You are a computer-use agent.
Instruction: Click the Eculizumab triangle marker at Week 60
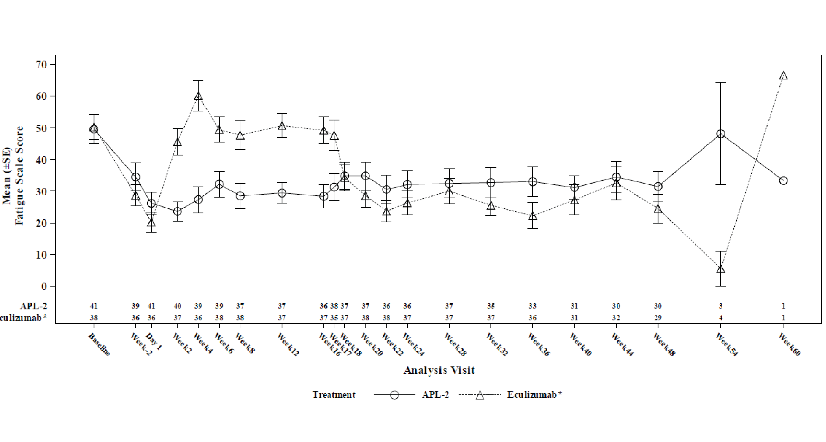pyautogui.click(x=783, y=76)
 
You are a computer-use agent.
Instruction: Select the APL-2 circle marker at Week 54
pyautogui.click(x=721, y=134)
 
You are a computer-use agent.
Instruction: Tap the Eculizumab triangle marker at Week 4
pyautogui.click(x=198, y=96)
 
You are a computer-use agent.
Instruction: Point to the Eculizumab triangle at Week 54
pyautogui.click(x=721, y=269)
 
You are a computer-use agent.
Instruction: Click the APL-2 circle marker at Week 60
pyautogui.click(x=783, y=181)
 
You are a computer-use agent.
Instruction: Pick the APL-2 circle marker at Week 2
pyautogui.click(x=177, y=211)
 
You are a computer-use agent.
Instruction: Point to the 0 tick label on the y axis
pyautogui.click(x=43, y=287)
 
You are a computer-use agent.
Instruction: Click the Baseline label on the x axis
pyautogui.click(x=99, y=345)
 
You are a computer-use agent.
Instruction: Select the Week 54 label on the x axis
pyautogui.click(x=726, y=345)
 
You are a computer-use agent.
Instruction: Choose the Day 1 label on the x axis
pyautogui.click(x=154, y=342)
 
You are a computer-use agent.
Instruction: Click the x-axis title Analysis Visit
pyautogui.click(x=439, y=370)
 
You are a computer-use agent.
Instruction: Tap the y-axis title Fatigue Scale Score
pyautogui.click(x=19, y=176)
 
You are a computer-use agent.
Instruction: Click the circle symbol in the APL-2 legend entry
pyautogui.click(x=394, y=395)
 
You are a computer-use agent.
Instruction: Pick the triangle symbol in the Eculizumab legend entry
pyautogui.click(x=480, y=395)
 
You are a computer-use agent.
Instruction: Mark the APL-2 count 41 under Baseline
pyautogui.click(x=94, y=306)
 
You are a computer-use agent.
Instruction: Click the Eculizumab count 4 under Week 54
pyautogui.click(x=721, y=318)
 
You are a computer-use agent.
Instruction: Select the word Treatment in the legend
pyautogui.click(x=334, y=395)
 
